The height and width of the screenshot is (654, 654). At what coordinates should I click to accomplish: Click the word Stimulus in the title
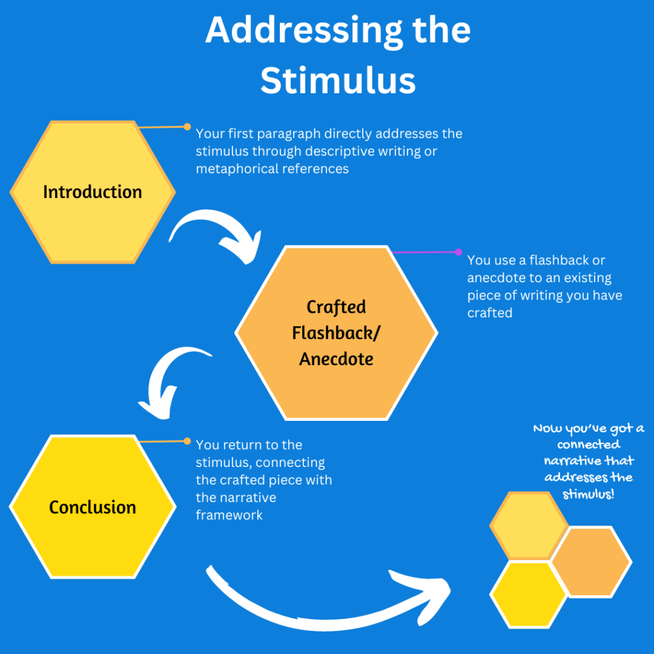click(338, 81)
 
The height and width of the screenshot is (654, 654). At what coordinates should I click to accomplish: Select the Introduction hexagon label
click(93, 192)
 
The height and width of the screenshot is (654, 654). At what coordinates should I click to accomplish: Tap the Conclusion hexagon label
click(93, 507)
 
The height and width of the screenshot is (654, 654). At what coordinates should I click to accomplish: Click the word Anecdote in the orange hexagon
click(336, 359)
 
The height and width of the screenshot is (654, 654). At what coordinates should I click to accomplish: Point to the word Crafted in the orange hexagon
click(336, 307)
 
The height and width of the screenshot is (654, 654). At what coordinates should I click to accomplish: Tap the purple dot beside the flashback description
click(458, 252)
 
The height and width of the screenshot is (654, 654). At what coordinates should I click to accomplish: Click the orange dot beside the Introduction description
click(187, 126)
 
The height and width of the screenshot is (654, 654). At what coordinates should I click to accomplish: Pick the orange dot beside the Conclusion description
click(187, 441)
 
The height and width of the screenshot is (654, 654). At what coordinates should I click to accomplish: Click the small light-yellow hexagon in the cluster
click(528, 525)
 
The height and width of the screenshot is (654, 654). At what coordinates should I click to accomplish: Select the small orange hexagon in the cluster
click(591, 561)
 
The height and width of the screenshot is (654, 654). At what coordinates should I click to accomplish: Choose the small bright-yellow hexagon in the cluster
click(528, 594)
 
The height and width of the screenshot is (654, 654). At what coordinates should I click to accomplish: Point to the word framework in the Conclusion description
click(229, 515)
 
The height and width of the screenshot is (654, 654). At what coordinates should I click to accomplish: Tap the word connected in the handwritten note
click(588, 445)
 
